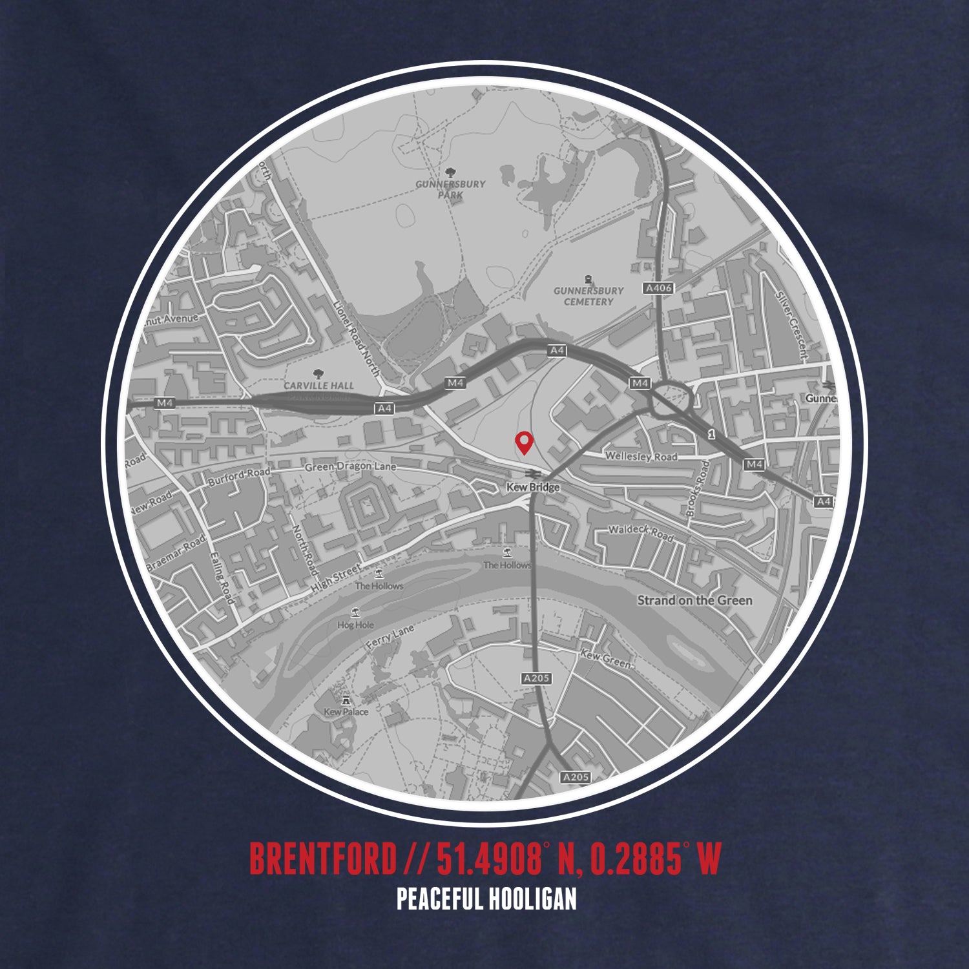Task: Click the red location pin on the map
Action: (x=524, y=442)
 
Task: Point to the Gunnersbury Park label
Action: (x=450, y=189)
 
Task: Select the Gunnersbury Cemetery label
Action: (x=589, y=296)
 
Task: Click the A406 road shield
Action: (x=658, y=288)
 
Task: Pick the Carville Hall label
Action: (x=318, y=386)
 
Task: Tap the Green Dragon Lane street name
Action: (x=350, y=467)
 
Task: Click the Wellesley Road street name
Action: (x=641, y=457)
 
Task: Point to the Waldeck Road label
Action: (x=640, y=533)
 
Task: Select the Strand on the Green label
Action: (x=694, y=600)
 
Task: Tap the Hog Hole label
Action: (x=355, y=625)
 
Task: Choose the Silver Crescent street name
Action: (x=792, y=324)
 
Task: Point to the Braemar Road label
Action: (x=176, y=552)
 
